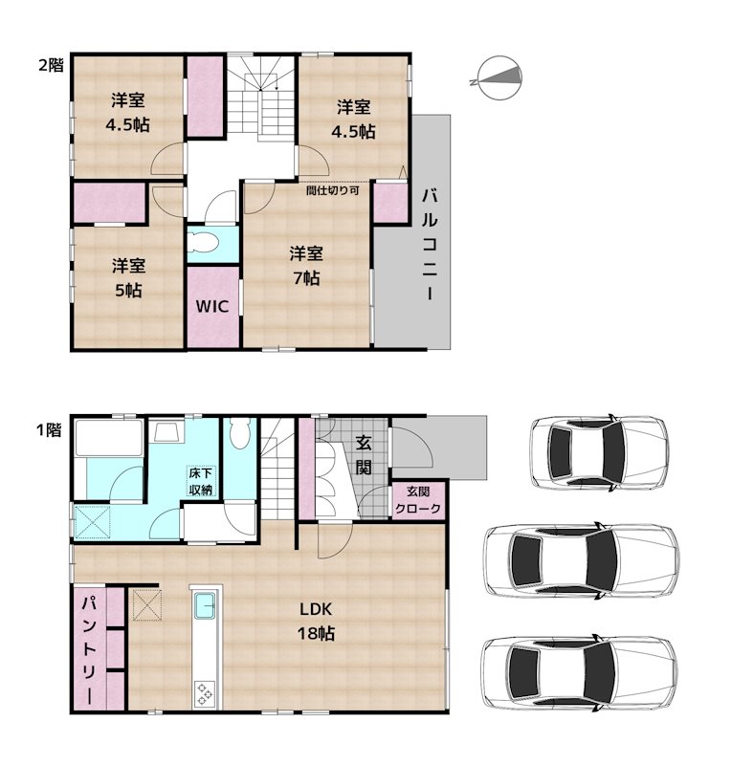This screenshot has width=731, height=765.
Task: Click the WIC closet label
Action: (x=211, y=306)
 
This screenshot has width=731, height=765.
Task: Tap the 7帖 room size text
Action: (x=306, y=278)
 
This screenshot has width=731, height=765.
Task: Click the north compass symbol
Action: (x=499, y=78)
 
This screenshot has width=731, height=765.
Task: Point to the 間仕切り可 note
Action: (x=333, y=190)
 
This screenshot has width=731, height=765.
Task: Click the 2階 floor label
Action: (x=52, y=65)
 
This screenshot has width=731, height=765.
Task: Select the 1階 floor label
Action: (x=50, y=429)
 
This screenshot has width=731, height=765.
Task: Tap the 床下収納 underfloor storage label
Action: (x=201, y=482)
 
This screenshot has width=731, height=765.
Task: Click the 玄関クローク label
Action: (x=417, y=500)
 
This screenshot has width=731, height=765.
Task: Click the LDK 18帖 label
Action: (x=316, y=621)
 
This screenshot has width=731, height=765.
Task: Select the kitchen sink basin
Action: (x=205, y=605)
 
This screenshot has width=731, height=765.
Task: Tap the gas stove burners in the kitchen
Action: (x=204, y=694)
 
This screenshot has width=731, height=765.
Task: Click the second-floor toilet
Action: (x=202, y=241)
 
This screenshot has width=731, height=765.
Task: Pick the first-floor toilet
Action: (x=239, y=433)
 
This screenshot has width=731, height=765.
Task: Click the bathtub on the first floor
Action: (x=109, y=438)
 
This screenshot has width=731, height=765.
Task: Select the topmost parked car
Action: (x=599, y=452)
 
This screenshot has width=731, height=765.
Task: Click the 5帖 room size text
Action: (x=128, y=291)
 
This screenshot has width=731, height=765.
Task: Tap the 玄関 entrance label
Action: (x=364, y=455)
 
